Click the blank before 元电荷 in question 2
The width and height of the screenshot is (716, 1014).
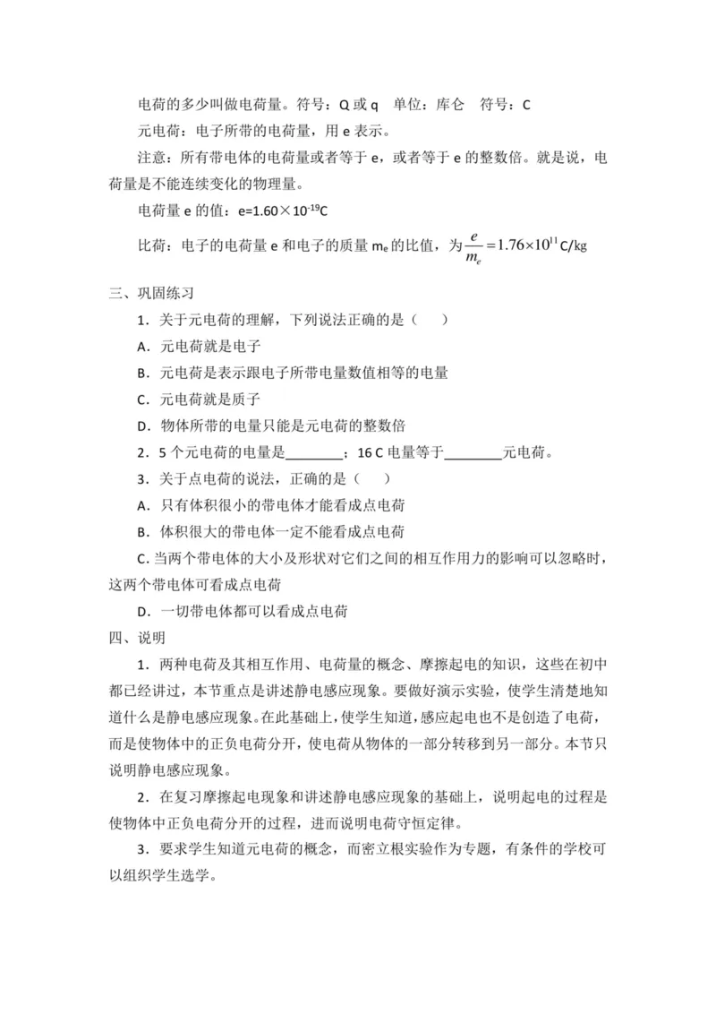point(473,452)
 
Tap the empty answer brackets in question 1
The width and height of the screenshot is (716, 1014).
point(427,320)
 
